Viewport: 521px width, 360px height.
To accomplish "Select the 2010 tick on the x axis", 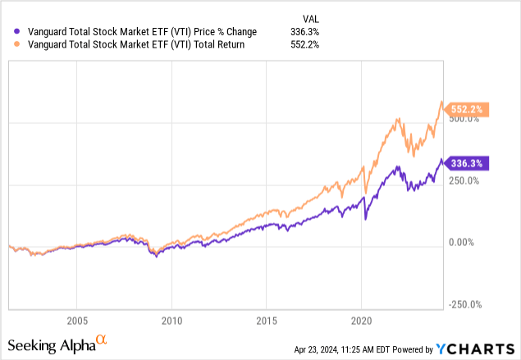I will point(171,319).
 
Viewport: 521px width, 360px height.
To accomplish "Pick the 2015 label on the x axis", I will point(267,319).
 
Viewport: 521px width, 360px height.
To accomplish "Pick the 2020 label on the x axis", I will point(362,319).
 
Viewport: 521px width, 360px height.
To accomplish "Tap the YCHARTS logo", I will point(479,349).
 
